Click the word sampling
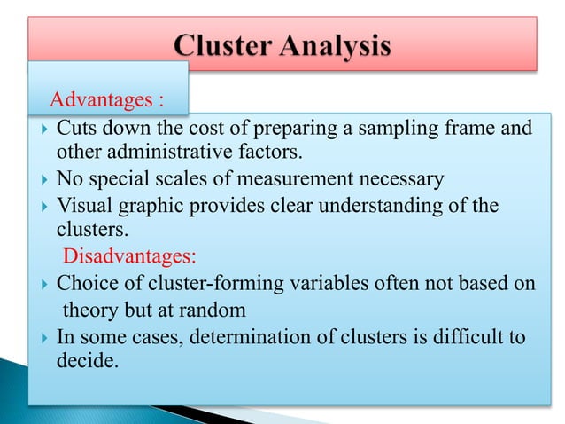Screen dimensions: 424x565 419,130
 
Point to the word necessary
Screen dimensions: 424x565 402,181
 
